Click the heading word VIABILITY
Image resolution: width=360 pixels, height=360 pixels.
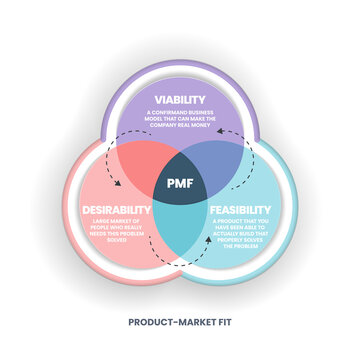(179, 99)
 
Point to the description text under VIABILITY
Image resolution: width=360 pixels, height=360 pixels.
(180, 119)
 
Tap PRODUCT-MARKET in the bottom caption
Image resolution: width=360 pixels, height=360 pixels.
(167, 323)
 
